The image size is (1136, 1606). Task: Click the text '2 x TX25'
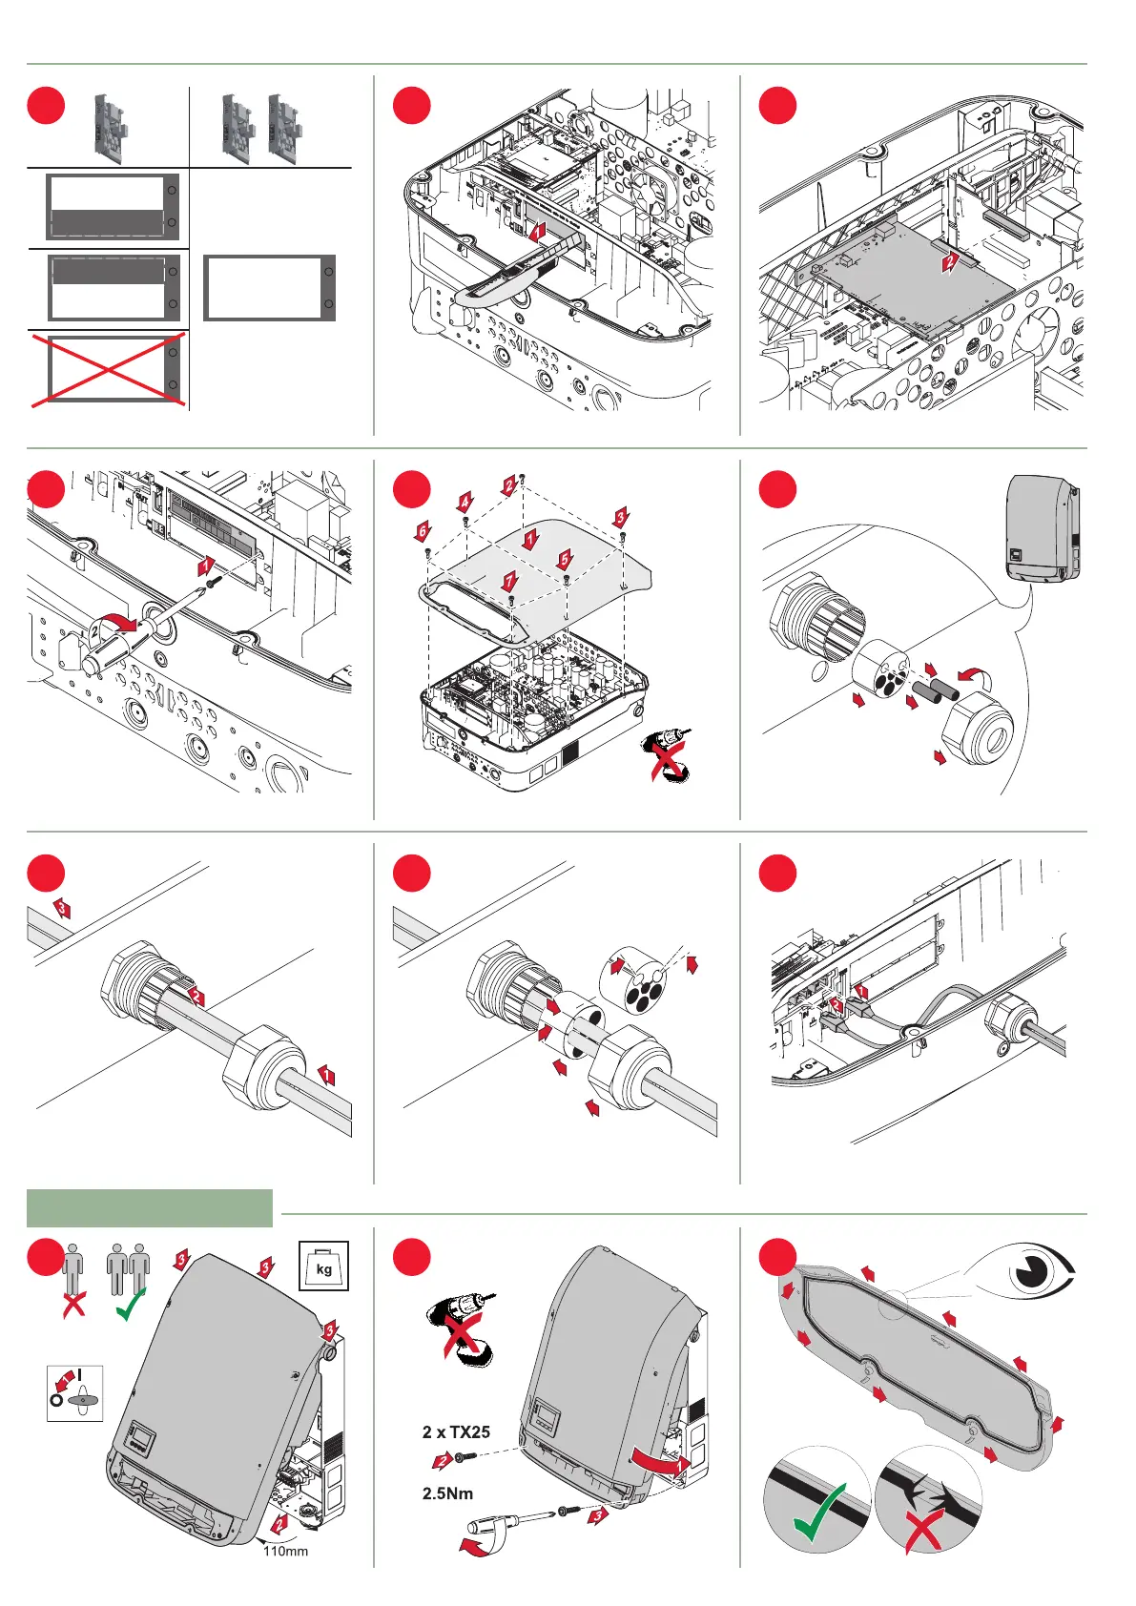456,1431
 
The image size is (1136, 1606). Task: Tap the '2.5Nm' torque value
447,1493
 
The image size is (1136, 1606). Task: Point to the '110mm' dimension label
285,1551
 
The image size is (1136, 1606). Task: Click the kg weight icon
324,1266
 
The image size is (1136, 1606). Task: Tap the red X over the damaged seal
924,1529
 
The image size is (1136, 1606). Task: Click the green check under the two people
129,1304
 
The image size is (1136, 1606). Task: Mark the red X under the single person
73,1304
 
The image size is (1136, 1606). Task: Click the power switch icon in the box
74,1393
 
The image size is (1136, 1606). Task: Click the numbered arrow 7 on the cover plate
510,581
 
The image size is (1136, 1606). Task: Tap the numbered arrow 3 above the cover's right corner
621,518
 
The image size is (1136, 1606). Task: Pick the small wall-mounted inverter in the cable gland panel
1043,527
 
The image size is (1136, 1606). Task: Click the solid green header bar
150,1207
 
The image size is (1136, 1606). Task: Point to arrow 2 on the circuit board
949,261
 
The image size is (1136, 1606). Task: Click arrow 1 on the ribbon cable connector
538,231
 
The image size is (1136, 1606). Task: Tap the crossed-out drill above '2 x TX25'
459,1326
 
